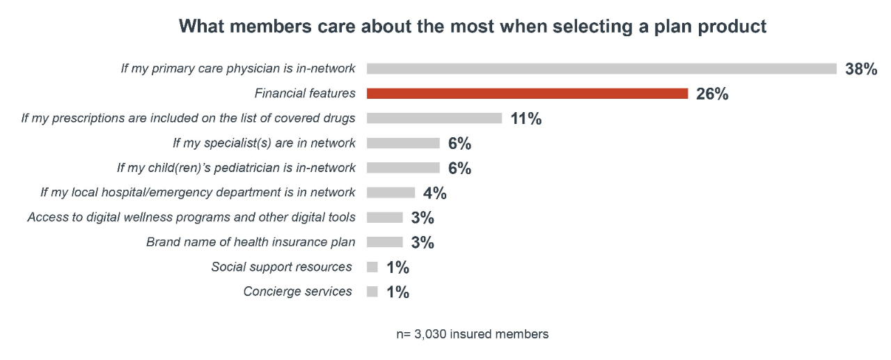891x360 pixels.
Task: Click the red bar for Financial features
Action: pos(527,93)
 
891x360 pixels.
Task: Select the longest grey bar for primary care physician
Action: pos(601,68)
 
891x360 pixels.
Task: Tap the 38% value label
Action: pos(861,69)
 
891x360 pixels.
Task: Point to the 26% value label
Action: pos(712,94)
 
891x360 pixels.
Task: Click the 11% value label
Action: pos(526,119)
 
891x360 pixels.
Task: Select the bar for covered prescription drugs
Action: pos(434,118)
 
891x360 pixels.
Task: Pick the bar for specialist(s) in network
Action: pos(403,143)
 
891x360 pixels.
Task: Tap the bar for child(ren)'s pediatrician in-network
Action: pos(403,168)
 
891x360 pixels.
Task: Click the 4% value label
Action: pos(434,193)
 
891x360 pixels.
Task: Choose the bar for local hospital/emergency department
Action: pos(391,193)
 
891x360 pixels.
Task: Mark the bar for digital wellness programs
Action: pos(384,217)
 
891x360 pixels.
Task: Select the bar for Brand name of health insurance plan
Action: pos(384,242)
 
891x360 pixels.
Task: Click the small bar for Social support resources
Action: pos(372,267)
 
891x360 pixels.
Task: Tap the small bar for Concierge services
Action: pos(372,292)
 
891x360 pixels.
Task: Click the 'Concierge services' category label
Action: pos(297,292)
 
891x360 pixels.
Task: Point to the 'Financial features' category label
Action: pos(305,93)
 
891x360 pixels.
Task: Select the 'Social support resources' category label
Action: pos(281,267)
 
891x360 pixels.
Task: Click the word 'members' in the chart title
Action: pos(263,26)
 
